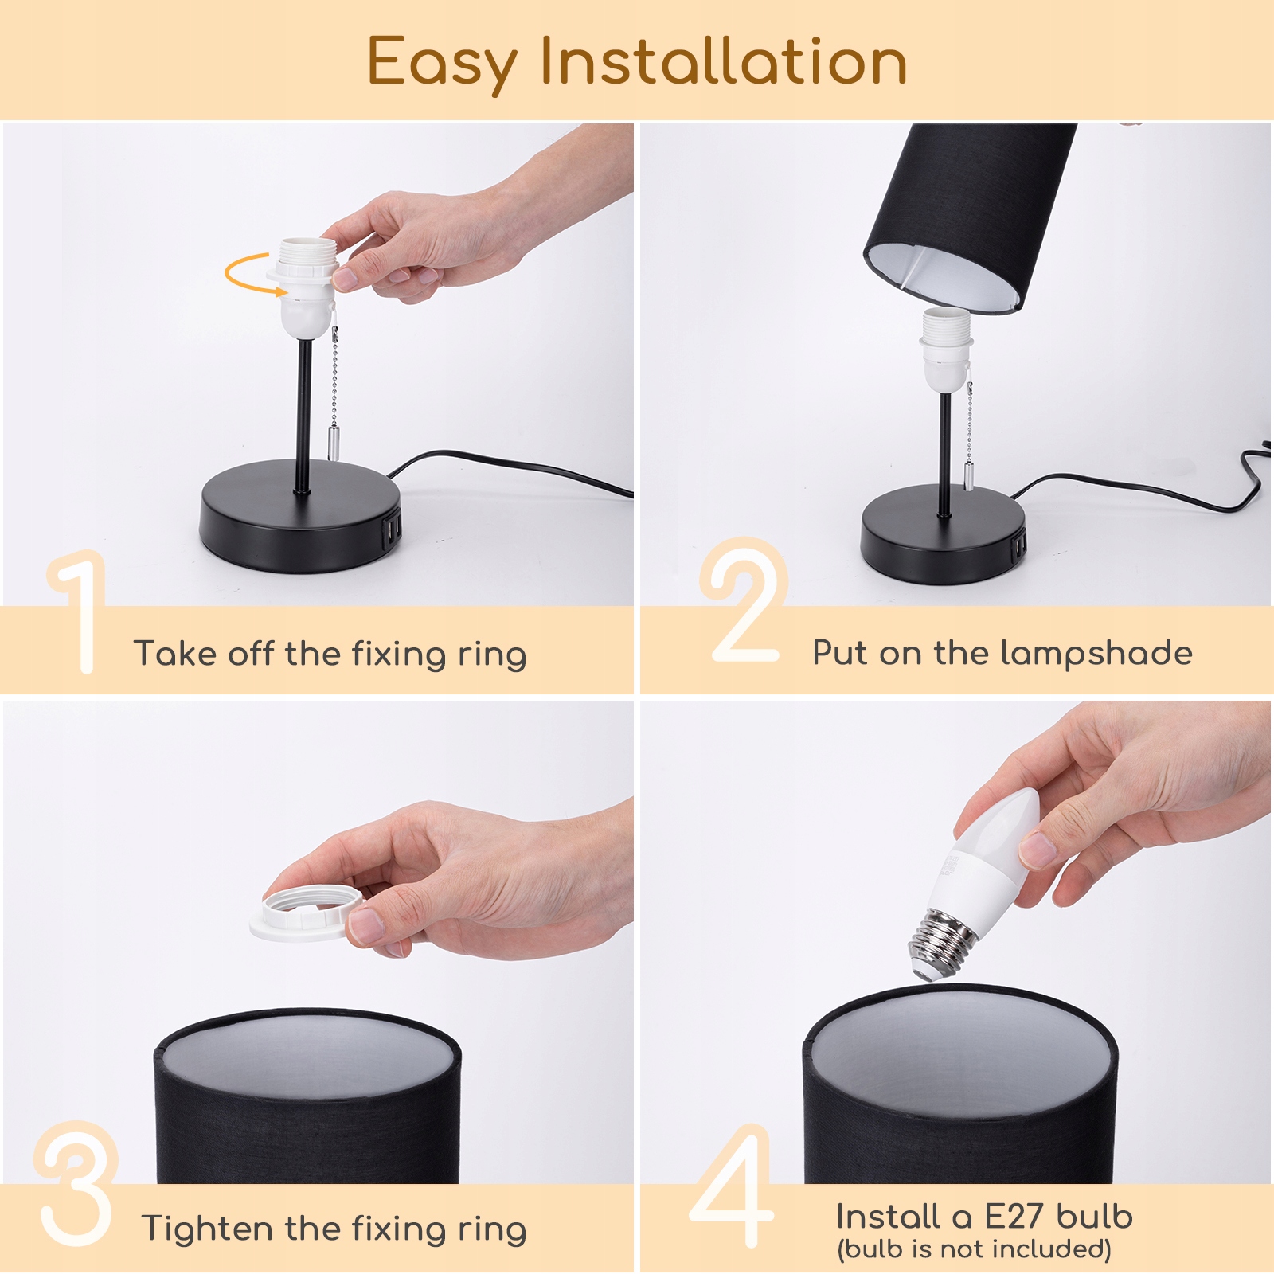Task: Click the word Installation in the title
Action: (724, 61)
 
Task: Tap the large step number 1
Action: (80, 612)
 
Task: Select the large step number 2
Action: (744, 600)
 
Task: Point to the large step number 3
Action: (76, 1184)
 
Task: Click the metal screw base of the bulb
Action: (942, 942)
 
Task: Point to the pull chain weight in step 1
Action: (333, 442)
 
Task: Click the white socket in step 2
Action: (946, 351)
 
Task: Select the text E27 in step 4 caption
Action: (1014, 1216)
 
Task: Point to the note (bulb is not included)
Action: (974, 1249)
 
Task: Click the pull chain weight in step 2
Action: (967, 475)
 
